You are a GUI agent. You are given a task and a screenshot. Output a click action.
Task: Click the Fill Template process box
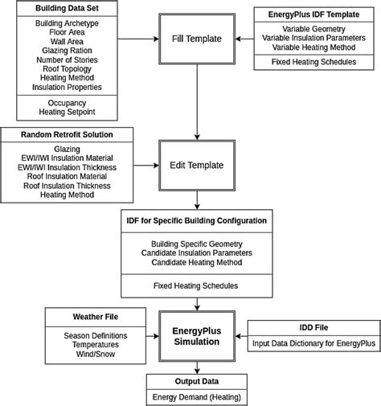[x=197, y=38]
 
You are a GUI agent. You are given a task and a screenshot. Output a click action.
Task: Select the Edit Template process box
[x=197, y=166]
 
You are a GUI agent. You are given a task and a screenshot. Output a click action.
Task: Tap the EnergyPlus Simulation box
[x=197, y=335]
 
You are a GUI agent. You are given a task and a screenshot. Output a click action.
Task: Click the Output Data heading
[x=197, y=382]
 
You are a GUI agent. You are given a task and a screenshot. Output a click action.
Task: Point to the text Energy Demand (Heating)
[x=197, y=396]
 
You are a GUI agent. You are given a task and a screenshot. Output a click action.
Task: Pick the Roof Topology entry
[x=62, y=68]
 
